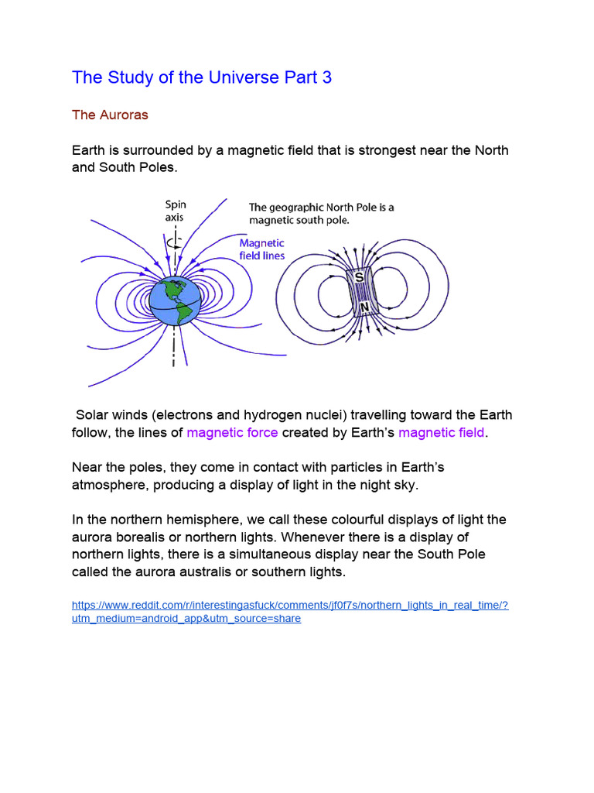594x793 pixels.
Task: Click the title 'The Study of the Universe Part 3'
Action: click(202, 77)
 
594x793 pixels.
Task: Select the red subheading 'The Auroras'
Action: click(110, 115)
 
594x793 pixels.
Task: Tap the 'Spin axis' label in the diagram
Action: click(176, 211)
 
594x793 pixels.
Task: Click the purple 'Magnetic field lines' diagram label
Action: click(262, 249)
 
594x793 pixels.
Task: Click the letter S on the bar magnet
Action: click(359, 276)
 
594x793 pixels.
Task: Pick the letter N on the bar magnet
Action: click(364, 307)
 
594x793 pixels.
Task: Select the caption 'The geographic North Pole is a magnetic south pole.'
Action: click(321, 214)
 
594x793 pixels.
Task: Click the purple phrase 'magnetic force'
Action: click(232, 432)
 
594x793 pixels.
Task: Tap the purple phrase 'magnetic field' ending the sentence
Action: click(442, 432)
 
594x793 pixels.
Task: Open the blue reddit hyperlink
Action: click(289, 612)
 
